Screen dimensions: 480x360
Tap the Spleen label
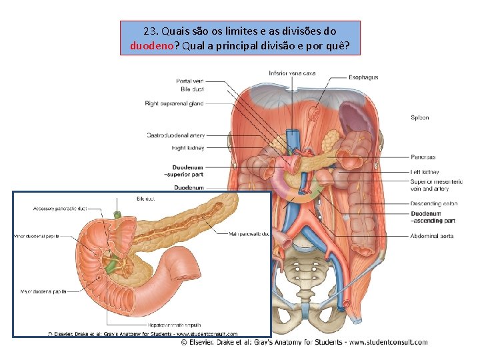click(419, 118)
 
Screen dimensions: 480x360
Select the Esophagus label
click(363, 77)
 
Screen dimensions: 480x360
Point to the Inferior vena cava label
click(292, 73)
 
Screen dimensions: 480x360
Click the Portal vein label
click(190, 81)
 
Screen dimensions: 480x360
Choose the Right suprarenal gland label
click(174, 103)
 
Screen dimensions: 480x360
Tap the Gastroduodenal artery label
click(175, 135)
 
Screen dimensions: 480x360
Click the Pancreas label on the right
click(423, 157)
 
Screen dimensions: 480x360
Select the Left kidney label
click(425, 172)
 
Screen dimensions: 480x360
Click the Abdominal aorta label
click(432, 236)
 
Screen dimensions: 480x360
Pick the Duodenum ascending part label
click(433, 217)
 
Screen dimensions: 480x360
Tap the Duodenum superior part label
click(187, 171)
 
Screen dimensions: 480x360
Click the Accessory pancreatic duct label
click(59, 209)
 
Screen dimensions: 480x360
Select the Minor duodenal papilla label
click(37, 236)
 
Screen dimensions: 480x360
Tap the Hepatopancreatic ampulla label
click(172, 325)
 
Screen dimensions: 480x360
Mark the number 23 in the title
click(149, 31)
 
